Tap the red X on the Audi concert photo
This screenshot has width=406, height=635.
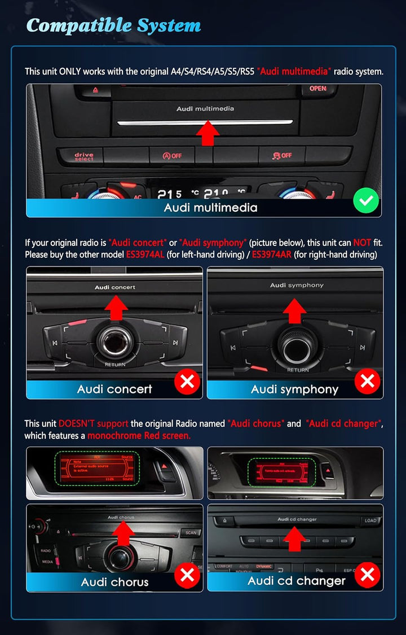(187, 382)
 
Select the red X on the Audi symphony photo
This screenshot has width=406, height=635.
(367, 382)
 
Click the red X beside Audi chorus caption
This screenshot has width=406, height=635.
(187, 575)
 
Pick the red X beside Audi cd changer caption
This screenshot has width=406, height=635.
(368, 575)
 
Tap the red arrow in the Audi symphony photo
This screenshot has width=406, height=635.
(294, 309)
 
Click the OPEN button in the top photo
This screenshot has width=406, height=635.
(317, 89)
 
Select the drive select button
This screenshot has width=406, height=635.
(84, 156)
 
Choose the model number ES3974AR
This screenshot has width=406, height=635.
(272, 255)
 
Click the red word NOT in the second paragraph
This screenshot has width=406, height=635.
(362, 243)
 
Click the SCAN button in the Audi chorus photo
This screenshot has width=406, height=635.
(191, 532)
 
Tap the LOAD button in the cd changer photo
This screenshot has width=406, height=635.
(370, 521)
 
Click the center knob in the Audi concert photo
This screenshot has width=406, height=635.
(115, 342)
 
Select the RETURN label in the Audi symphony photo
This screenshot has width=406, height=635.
(298, 370)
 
